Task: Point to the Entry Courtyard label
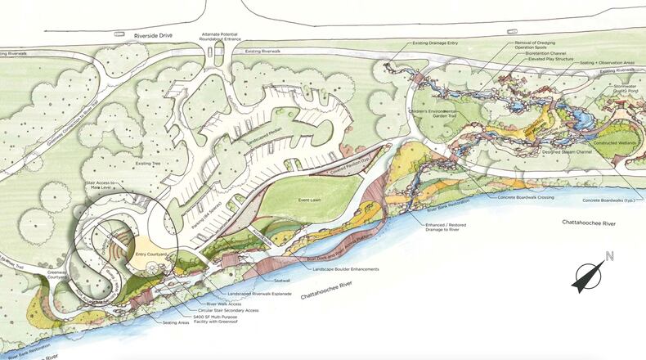click(151, 255)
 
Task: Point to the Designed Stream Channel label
click(560, 152)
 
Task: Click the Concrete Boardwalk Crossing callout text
click(528, 197)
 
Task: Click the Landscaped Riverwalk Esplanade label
click(260, 293)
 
